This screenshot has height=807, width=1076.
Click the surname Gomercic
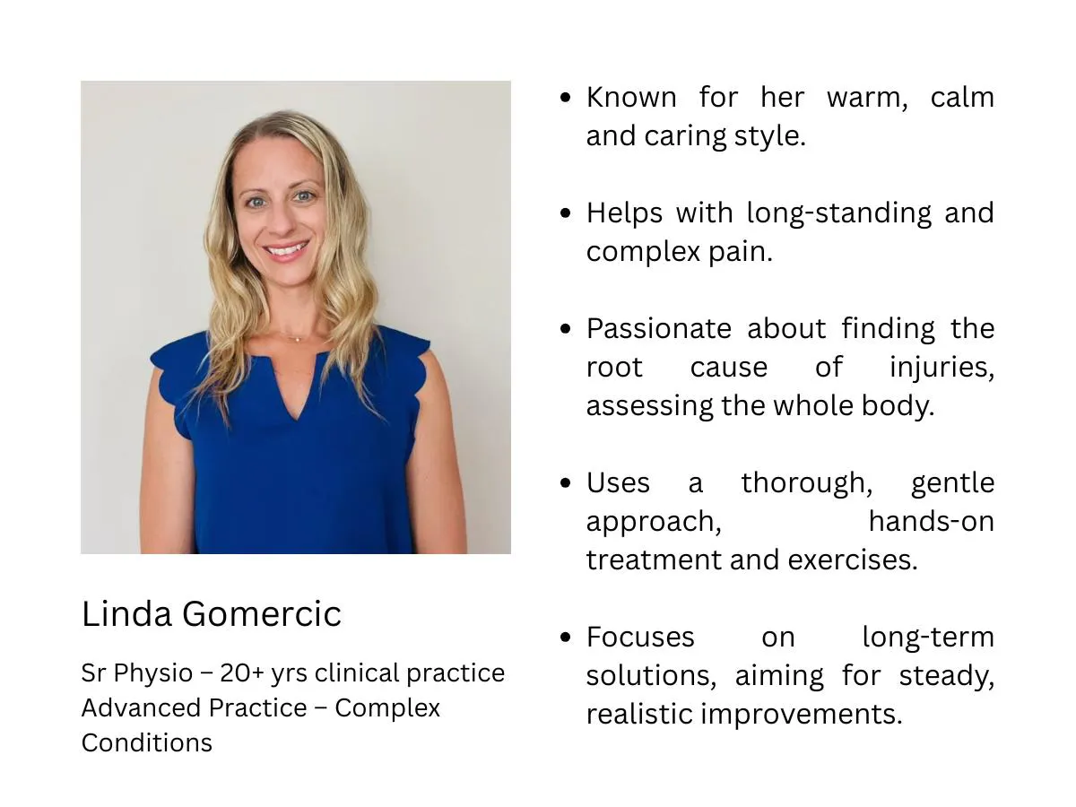pyautogui.click(x=261, y=613)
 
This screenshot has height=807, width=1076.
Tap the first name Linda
pyautogui.click(x=126, y=613)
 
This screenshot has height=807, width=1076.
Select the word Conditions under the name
pyautogui.click(x=146, y=742)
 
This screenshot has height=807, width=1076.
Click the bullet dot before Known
pyautogui.click(x=565, y=97)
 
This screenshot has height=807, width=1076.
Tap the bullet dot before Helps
pyautogui.click(x=565, y=213)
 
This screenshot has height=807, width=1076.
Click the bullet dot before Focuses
pyautogui.click(x=565, y=637)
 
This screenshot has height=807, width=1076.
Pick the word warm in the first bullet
pyautogui.click(x=867, y=98)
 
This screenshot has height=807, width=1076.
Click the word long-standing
pyautogui.click(x=838, y=214)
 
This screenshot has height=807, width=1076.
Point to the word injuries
pyautogui.click(x=941, y=368)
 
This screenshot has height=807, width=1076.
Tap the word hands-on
pyautogui.click(x=932, y=521)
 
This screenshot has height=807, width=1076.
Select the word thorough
pyautogui.click(x=807, y=483)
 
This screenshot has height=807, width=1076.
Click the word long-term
pyautogui.click(x=928, y=638)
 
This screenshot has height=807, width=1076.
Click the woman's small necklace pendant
pyautogui.click(x=298, y=339)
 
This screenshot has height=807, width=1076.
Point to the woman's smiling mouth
pyautogui.click(x=287, y=249)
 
